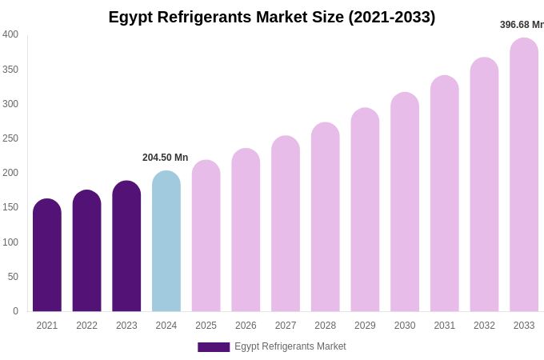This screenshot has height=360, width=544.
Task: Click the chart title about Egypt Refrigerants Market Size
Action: pos(272,17)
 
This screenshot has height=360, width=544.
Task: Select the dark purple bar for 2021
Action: pos(47,256)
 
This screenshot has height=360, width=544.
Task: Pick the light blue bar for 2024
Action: pos(166,242)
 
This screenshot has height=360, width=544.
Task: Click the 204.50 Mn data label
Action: pos(165,158)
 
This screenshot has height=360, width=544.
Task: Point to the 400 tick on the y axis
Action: pos(10,34)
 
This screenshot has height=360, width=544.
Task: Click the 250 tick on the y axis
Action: pos(10,138)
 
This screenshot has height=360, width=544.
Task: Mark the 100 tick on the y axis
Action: pos(10,242)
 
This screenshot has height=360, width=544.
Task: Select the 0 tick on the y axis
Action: pos(15,311)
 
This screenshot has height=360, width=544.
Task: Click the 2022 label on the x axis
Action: pos(86,326)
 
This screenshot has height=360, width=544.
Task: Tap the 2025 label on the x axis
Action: pos(206,326)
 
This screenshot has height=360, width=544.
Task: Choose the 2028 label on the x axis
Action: pos(325,326)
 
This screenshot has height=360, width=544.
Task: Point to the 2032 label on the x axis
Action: pos(484,326)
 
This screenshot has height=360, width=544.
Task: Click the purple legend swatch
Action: pos(214,347)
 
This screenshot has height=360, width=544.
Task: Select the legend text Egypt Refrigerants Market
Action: pos(290,346)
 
